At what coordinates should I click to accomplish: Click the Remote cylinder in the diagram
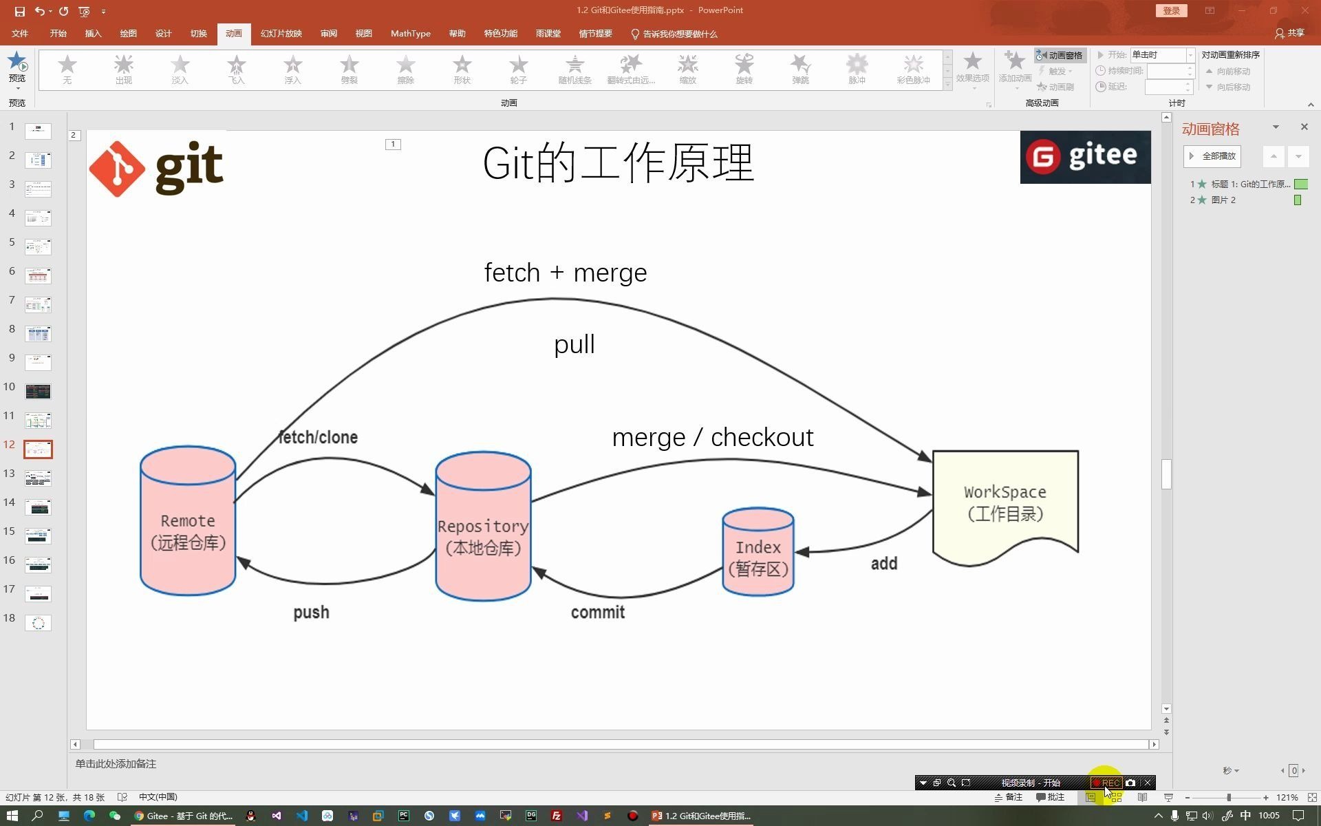point(188,521)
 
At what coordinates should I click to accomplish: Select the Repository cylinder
point(483,527)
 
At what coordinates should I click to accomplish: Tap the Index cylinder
point(758,552)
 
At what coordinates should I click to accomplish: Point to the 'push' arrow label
point(311,612)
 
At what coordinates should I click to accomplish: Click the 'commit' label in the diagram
point(597,612)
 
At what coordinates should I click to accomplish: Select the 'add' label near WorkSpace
point(884,564)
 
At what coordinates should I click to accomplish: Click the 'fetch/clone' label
point(319,437)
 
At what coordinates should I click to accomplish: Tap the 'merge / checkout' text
point(712,437)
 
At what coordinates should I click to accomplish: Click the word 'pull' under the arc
point(574,344)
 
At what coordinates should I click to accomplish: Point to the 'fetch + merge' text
point(565,273)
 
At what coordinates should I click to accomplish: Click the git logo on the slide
point(156,168)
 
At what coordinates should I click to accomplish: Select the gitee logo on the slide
point(1084,157)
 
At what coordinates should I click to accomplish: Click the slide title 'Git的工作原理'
point(618,163)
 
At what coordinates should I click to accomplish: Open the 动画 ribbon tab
point(233,33)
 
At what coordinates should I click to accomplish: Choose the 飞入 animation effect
point(236,70)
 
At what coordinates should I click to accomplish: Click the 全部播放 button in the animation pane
point(1212,156)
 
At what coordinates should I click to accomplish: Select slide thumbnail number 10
point(38,391)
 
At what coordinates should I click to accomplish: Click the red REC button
point(1107,783)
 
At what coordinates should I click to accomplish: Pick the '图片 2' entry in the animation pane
point(1223,200)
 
